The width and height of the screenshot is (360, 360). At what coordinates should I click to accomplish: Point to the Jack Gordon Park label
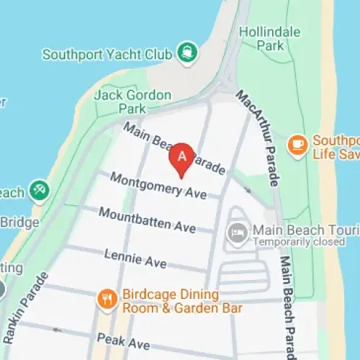pos(133,102)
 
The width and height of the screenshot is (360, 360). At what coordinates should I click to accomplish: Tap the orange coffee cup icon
pos(296,145)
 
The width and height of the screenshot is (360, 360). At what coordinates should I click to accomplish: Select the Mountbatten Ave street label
pos(148,220)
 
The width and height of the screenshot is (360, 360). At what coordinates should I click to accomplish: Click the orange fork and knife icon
pos(107,298)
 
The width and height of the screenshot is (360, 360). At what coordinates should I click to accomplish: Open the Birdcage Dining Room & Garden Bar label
pos(182,302)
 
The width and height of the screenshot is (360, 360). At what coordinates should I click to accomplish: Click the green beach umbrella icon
pos(39,192)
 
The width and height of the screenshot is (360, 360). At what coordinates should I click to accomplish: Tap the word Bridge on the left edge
pos(19,222)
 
